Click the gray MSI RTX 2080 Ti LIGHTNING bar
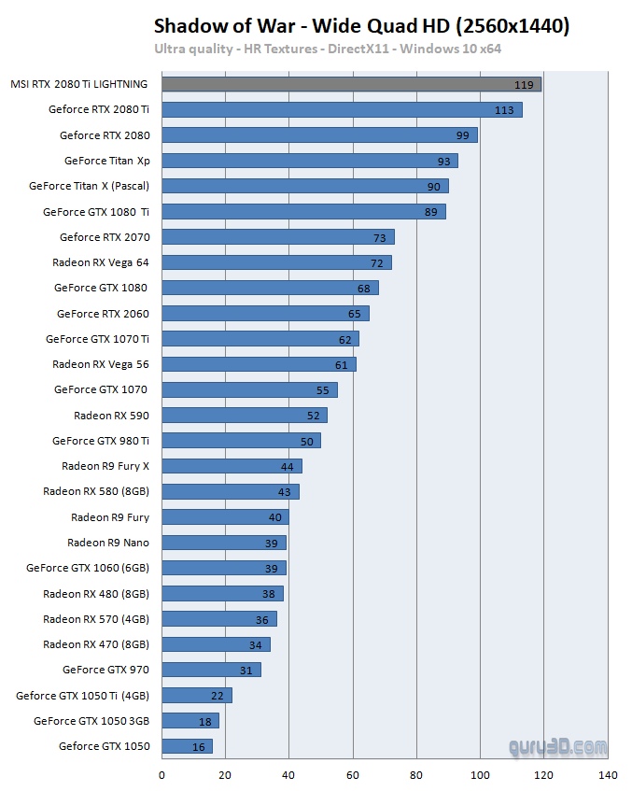(351, 84)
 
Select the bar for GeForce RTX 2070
(278, 237)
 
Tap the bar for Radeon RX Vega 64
(276, 262)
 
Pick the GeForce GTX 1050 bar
(187, 746)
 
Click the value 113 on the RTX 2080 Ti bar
(505, 110)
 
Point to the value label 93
(443, 161)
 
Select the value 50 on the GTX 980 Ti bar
(306, 441)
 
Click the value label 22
(218, 696)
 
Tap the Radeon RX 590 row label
(111, 416)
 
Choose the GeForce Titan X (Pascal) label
(89, 186)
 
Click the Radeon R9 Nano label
(107, 543)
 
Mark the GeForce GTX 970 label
(105, 670)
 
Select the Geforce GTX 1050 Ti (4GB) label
(82, 696)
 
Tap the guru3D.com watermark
(557, 747)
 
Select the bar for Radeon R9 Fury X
(232, 466)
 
